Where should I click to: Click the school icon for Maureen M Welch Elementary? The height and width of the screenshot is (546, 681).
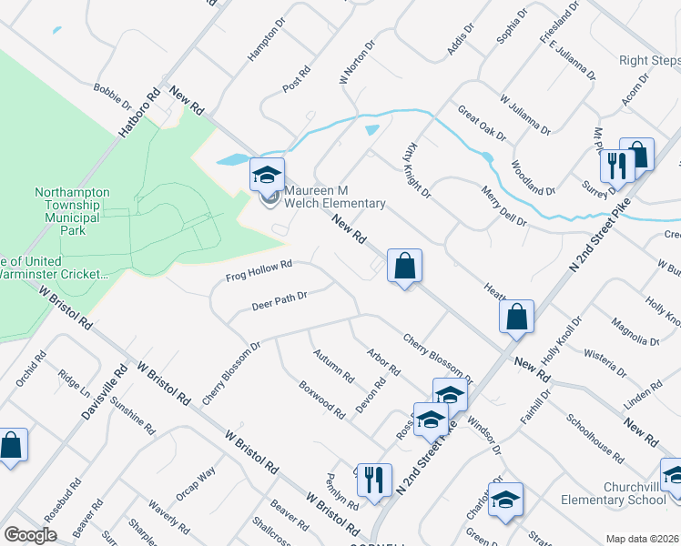[x=268, y=174]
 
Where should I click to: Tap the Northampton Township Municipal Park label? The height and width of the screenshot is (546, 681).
[x=72, y=211]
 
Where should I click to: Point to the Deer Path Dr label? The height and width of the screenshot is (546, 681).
[x=280, y=301]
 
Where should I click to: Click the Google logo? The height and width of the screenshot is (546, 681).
[x=30, y=535]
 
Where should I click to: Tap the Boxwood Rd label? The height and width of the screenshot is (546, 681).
[x=322, y=399]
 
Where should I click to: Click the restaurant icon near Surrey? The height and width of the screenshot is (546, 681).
[x=616, y=167]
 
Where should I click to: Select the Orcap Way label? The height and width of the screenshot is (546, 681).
[x=196, y=482]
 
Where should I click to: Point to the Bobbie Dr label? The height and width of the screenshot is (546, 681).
[x=113, y=96]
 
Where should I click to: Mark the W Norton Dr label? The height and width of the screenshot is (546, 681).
[x=357, y=62]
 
